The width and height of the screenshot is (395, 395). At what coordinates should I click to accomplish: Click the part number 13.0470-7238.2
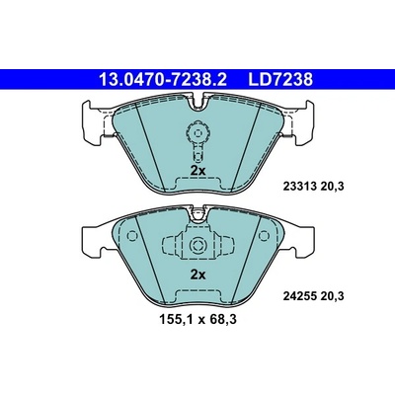(163, 79)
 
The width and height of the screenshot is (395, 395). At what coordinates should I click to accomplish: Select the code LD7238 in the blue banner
(280, 79)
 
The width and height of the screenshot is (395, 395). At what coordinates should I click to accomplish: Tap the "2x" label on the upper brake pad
(197, 171)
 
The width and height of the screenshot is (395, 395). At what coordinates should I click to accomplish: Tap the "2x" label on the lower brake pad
(197, 275)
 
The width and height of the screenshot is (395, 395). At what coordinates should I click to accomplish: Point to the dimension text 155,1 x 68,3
(197, 319)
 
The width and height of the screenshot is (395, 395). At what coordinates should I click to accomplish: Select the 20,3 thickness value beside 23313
(332, 187)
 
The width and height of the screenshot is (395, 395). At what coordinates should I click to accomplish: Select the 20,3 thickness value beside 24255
(332, 296)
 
